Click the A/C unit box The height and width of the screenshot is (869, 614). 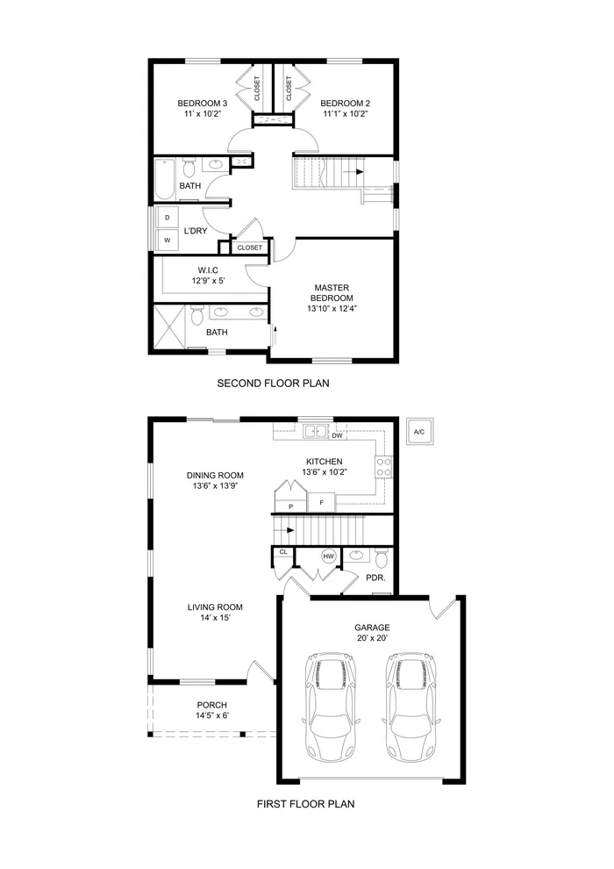coord(418,432)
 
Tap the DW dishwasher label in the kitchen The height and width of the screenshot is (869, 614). coord(337,434)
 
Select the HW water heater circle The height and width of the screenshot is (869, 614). coord(329,557)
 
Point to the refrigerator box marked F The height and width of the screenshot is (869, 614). coord(322,502)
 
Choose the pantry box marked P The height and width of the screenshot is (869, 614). coord(289,506)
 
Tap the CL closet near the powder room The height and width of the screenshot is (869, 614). coord(282,553)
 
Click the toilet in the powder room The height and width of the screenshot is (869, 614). coord(381,558)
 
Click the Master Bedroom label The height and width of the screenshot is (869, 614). coord(332,298)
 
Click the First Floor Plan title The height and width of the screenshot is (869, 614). coord(305,803)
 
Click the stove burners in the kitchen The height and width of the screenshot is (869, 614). coord(383,467)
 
